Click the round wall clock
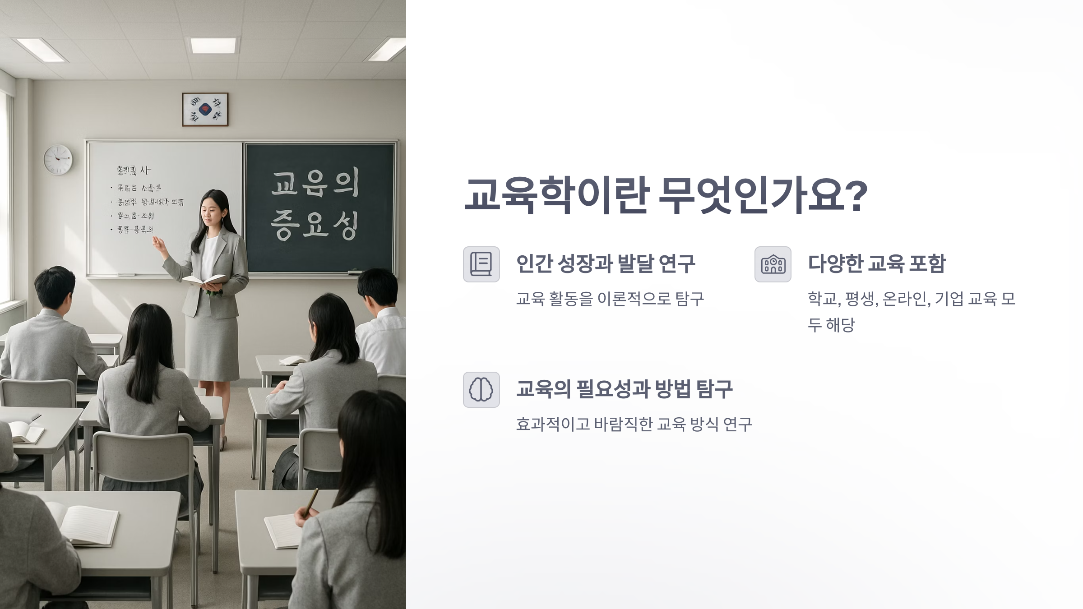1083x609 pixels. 58,160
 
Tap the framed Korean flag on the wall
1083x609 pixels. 205,109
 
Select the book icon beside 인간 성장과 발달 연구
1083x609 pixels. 481,264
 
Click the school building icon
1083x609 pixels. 773,264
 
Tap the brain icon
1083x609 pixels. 481,390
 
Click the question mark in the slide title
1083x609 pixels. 856,196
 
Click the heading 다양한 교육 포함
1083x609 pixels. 876,263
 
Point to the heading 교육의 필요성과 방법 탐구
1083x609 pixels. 624,389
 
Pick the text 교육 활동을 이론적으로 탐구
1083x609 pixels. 610,299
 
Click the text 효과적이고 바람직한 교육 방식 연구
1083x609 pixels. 634,424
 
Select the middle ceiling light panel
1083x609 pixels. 213,46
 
